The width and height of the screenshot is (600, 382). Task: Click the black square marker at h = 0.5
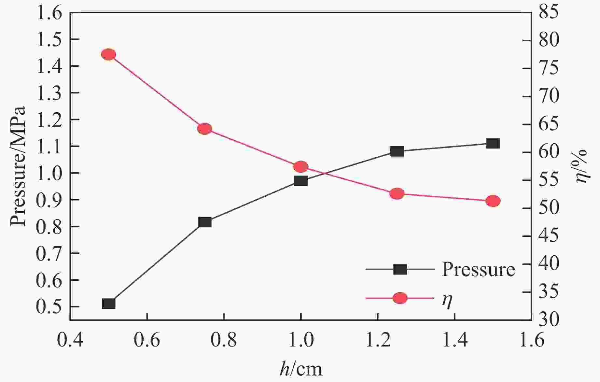(109, 304)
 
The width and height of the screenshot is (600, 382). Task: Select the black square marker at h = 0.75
(205, 222)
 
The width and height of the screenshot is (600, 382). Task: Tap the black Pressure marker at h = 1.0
(301, 181)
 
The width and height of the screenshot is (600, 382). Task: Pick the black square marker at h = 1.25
(397, 151)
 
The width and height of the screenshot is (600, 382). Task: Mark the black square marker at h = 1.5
(493, 143)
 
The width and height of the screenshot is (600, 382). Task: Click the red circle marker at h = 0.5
(109, 54)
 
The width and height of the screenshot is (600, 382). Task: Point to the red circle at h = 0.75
(205, 129)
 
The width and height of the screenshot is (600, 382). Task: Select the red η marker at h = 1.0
(301, 167)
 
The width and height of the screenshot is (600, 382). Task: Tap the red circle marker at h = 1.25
(397, 194)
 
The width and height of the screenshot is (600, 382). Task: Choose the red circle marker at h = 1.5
(493, 201)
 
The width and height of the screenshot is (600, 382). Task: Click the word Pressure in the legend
(478, 270)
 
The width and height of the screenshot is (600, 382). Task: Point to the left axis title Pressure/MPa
(18, 166)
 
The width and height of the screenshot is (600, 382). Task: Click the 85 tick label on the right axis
(549, 12)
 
